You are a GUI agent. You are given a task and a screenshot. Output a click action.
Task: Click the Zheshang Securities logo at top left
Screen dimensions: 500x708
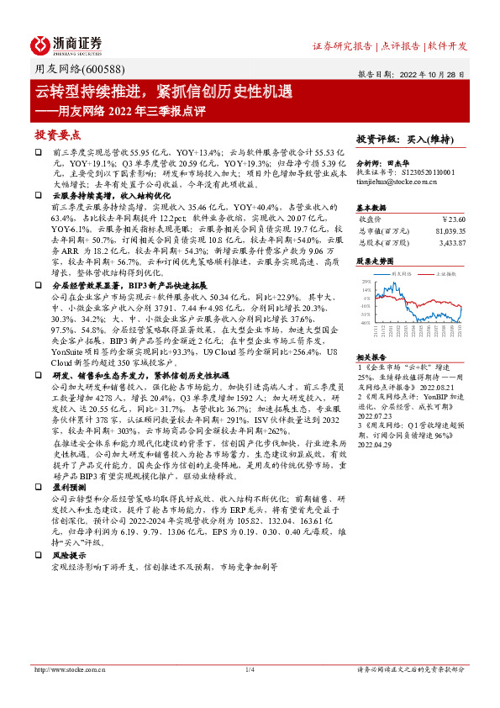66,44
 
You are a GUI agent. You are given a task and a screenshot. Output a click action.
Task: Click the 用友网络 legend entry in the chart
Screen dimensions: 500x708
401,274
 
